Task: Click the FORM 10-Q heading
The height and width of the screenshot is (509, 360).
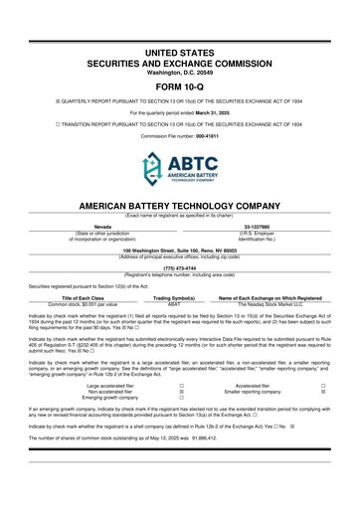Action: [180, 56]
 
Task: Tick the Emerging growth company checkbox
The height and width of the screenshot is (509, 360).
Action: [210, 399]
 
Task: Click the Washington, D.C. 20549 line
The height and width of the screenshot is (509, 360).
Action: [180, 42]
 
